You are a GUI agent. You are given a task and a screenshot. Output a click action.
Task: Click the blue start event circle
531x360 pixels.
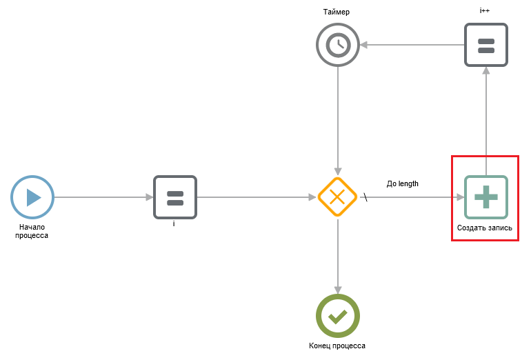tap(32, 197)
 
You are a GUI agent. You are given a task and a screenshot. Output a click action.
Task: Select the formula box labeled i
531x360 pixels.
tap(175, 197)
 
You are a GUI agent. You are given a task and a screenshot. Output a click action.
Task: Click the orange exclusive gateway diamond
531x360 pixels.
tap(337, 197)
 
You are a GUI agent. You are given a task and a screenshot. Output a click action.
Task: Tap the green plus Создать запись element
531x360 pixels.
tap(486, 197)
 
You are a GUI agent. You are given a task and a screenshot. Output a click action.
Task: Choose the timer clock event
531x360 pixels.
tap(338, 45)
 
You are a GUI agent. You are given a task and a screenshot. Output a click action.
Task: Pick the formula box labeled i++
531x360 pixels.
tap(486, 45)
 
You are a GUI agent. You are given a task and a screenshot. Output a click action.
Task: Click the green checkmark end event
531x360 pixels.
tap(338, 316)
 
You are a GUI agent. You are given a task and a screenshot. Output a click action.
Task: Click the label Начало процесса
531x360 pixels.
tap(32, 231)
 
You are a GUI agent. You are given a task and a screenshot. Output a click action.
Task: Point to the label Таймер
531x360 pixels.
tap(337, 12)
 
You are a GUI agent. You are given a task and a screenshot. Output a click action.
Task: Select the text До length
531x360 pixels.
tap(402, 183)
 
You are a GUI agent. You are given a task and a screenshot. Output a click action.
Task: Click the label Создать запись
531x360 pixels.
tap(485, 228)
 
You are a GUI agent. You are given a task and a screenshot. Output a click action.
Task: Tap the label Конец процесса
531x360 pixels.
tap(337, 346)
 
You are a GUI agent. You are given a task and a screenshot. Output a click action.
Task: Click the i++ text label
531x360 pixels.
tap(485, 10)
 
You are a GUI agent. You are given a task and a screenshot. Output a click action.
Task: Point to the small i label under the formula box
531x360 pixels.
tap(174, 223)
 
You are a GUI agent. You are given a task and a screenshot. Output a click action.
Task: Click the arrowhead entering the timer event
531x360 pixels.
tap(363, 45)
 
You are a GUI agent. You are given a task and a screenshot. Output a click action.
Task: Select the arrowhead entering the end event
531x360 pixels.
tap(338, 290)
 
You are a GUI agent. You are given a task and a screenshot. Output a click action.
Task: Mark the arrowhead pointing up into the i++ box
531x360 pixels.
tap(486, 70)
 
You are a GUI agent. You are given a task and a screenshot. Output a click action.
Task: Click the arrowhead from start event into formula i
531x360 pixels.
tap(150, 197)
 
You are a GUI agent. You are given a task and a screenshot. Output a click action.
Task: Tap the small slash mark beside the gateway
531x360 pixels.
tap(365, 197)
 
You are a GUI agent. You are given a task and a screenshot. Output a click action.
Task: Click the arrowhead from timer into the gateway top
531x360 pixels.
tap(338, 171)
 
